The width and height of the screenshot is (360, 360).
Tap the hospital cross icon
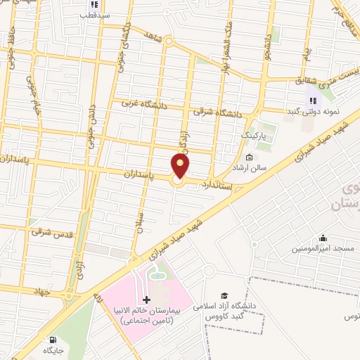(x=146, y=300)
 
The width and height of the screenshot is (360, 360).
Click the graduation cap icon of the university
(x=224, y=296)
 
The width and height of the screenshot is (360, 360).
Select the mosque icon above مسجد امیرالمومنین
(x=323, y=238)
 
